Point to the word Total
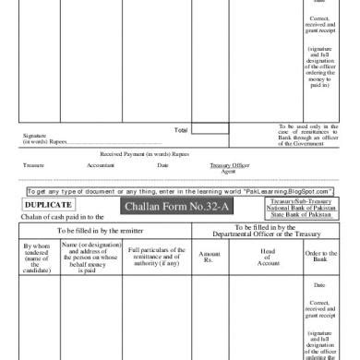coord(181,130)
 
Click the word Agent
coord(228,171)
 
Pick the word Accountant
coord(101,165)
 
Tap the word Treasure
coord(33,165)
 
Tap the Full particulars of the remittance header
coord(157,256)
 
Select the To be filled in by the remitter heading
coord(104,230)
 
